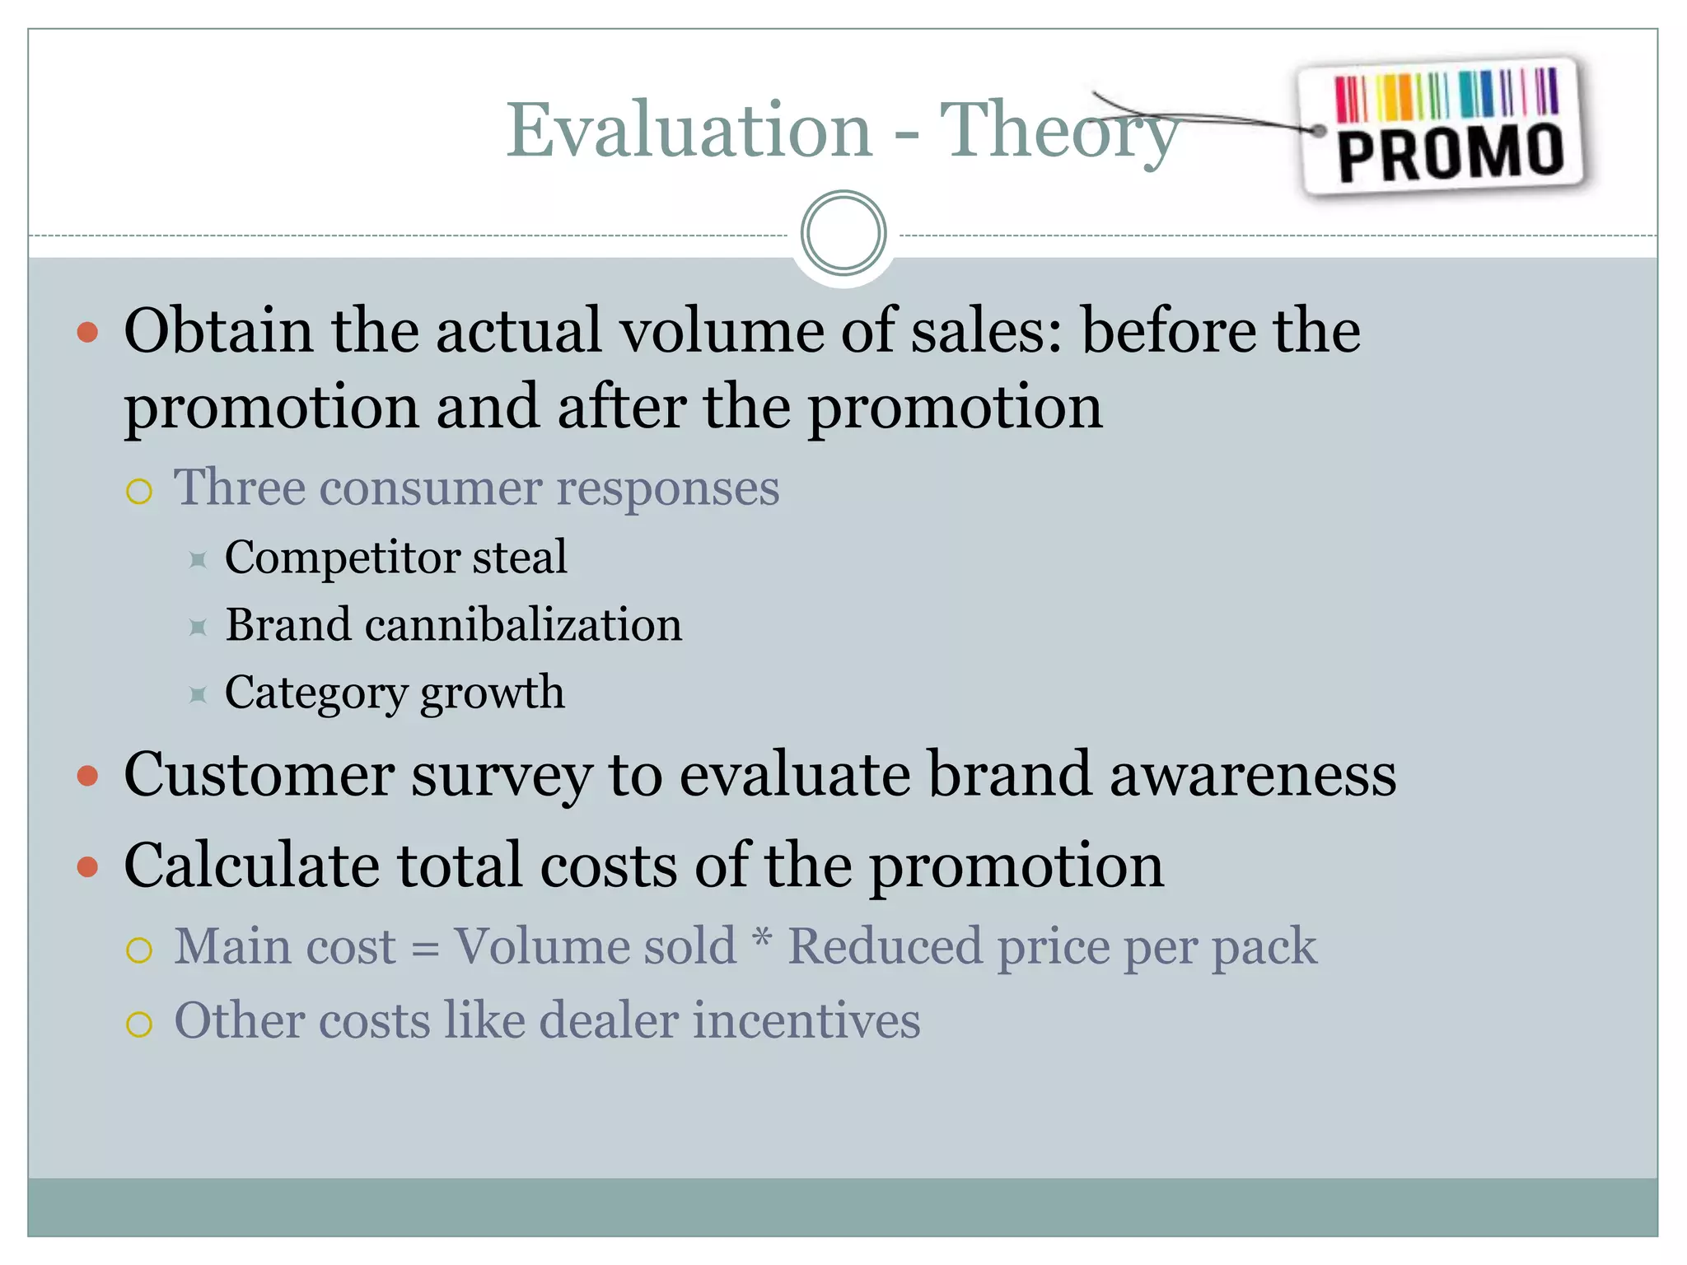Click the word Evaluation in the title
[x=689, y=130]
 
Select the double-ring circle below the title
[x=843, y=233]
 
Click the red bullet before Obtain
[x=87, y=333]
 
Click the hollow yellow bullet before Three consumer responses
[x=139, y=492]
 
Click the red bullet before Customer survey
[x=87, y=776]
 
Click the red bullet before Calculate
[x=87, y=867]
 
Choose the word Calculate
[x=252, y=866]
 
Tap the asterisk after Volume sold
[x=763, y=939]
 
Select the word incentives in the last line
[x=806, y=1021]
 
